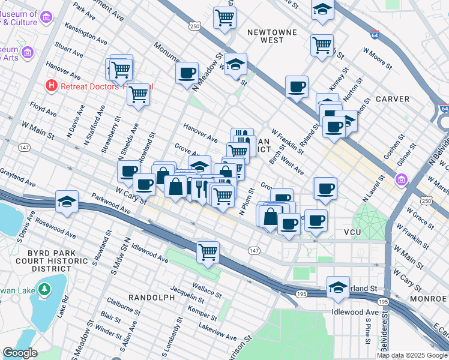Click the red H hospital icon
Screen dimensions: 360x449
(52, 86)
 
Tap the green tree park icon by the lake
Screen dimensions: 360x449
(44, 290)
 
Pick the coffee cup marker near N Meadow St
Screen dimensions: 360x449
(187, 73)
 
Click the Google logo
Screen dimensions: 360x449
(20, 353)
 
